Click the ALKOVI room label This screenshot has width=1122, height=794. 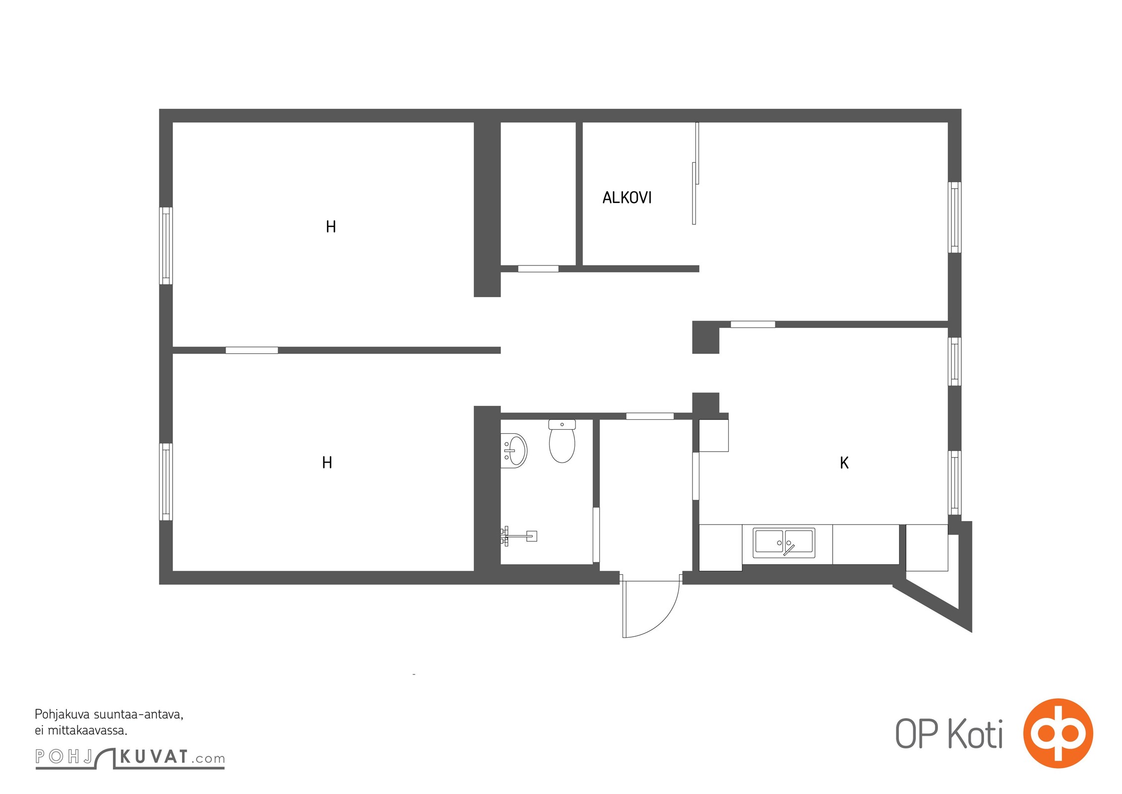(627, 198)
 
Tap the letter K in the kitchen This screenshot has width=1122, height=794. (844, 463)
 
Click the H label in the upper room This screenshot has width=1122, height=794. (331, 227)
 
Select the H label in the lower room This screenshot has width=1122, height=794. (327, 463)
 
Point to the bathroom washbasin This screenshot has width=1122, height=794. (513, 451)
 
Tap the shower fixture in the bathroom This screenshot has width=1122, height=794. (518, 536)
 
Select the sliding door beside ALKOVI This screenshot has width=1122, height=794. (695, 173)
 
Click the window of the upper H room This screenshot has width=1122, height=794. (166, 246)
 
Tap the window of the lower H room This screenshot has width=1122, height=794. (166, 482)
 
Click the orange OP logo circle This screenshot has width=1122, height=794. (1058, 733)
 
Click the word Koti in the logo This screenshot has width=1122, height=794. (975, 734)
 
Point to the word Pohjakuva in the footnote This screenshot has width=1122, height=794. (62, 715)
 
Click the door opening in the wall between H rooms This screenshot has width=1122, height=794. (251, 350)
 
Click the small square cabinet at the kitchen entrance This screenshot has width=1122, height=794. (714, 435)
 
